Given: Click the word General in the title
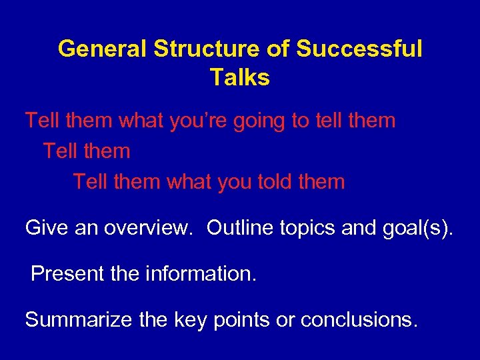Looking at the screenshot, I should tap(102, 49).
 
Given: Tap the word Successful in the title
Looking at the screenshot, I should tap(360, 49).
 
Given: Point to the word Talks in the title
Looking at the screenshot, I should tap(240, 78).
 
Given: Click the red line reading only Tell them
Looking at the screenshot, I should tap(87, 151).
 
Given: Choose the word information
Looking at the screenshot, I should tap(199, 273).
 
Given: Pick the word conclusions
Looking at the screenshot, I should tap(359, 320).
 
